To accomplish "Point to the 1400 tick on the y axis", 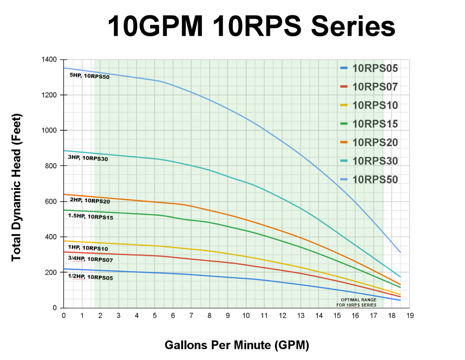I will [49, 60].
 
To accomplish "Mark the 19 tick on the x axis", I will [410, 316].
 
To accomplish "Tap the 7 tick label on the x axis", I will [191, 316].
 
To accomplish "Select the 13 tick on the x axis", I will [301, 316].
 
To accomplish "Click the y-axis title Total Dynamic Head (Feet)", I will [17, 187].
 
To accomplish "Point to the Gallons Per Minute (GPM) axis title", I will [237, 345].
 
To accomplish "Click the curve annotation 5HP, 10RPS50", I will [90, 76].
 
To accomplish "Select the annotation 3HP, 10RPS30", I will [88, 158].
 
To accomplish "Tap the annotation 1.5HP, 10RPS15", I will [90, 216].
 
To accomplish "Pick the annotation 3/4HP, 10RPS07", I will [90, 259].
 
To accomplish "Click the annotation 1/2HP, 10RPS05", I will [90, 277].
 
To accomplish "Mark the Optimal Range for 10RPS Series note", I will [357, 303].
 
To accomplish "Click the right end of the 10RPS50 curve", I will [400, 252].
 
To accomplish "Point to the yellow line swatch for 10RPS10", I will [344, 105].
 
